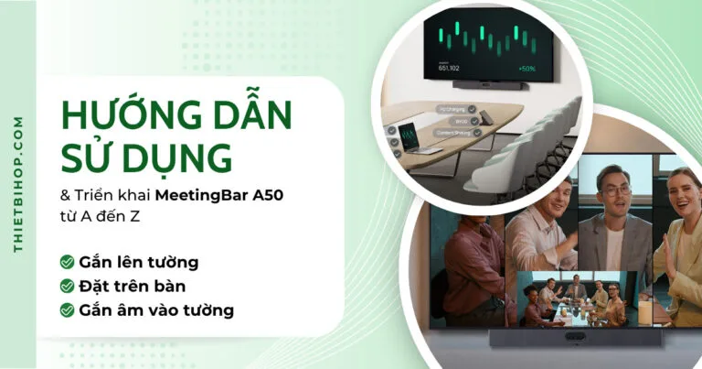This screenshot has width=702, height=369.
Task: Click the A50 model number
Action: [259, 195]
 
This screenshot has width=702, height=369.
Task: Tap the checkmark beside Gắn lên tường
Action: [67, 263]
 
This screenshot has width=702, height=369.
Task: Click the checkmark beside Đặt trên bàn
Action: [67, 287]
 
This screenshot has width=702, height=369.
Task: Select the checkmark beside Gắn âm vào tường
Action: [67, 310]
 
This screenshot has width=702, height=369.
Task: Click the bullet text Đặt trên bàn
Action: [133, 287]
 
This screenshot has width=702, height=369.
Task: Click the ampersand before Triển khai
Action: [65, 195]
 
